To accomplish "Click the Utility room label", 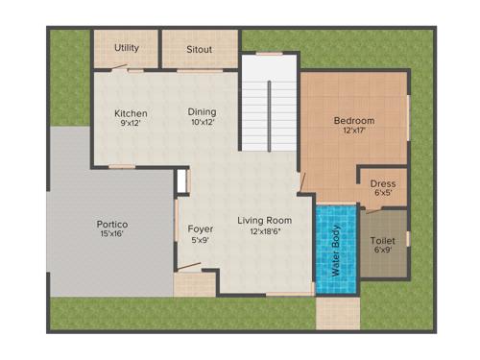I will pos(127,47).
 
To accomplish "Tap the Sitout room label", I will pos(200,47).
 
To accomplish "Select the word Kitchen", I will pos(130,112).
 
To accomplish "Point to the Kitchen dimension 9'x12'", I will pos(130,123).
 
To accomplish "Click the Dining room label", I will pos(202,112).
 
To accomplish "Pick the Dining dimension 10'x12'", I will pos(202,123).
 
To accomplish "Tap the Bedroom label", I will pos(353,120).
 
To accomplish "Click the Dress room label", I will pos(382,183).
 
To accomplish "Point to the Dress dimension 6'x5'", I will pos(382,193).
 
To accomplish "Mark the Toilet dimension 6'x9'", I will pos(382,252).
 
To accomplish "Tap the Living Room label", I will pos(265,221).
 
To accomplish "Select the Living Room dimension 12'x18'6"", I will pos(265,232).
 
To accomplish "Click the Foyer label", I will pos(200,228).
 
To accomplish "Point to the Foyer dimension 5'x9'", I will pos(200,240).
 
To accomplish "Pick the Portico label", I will pos(111,224).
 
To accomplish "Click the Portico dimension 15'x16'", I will pos(111,234).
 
